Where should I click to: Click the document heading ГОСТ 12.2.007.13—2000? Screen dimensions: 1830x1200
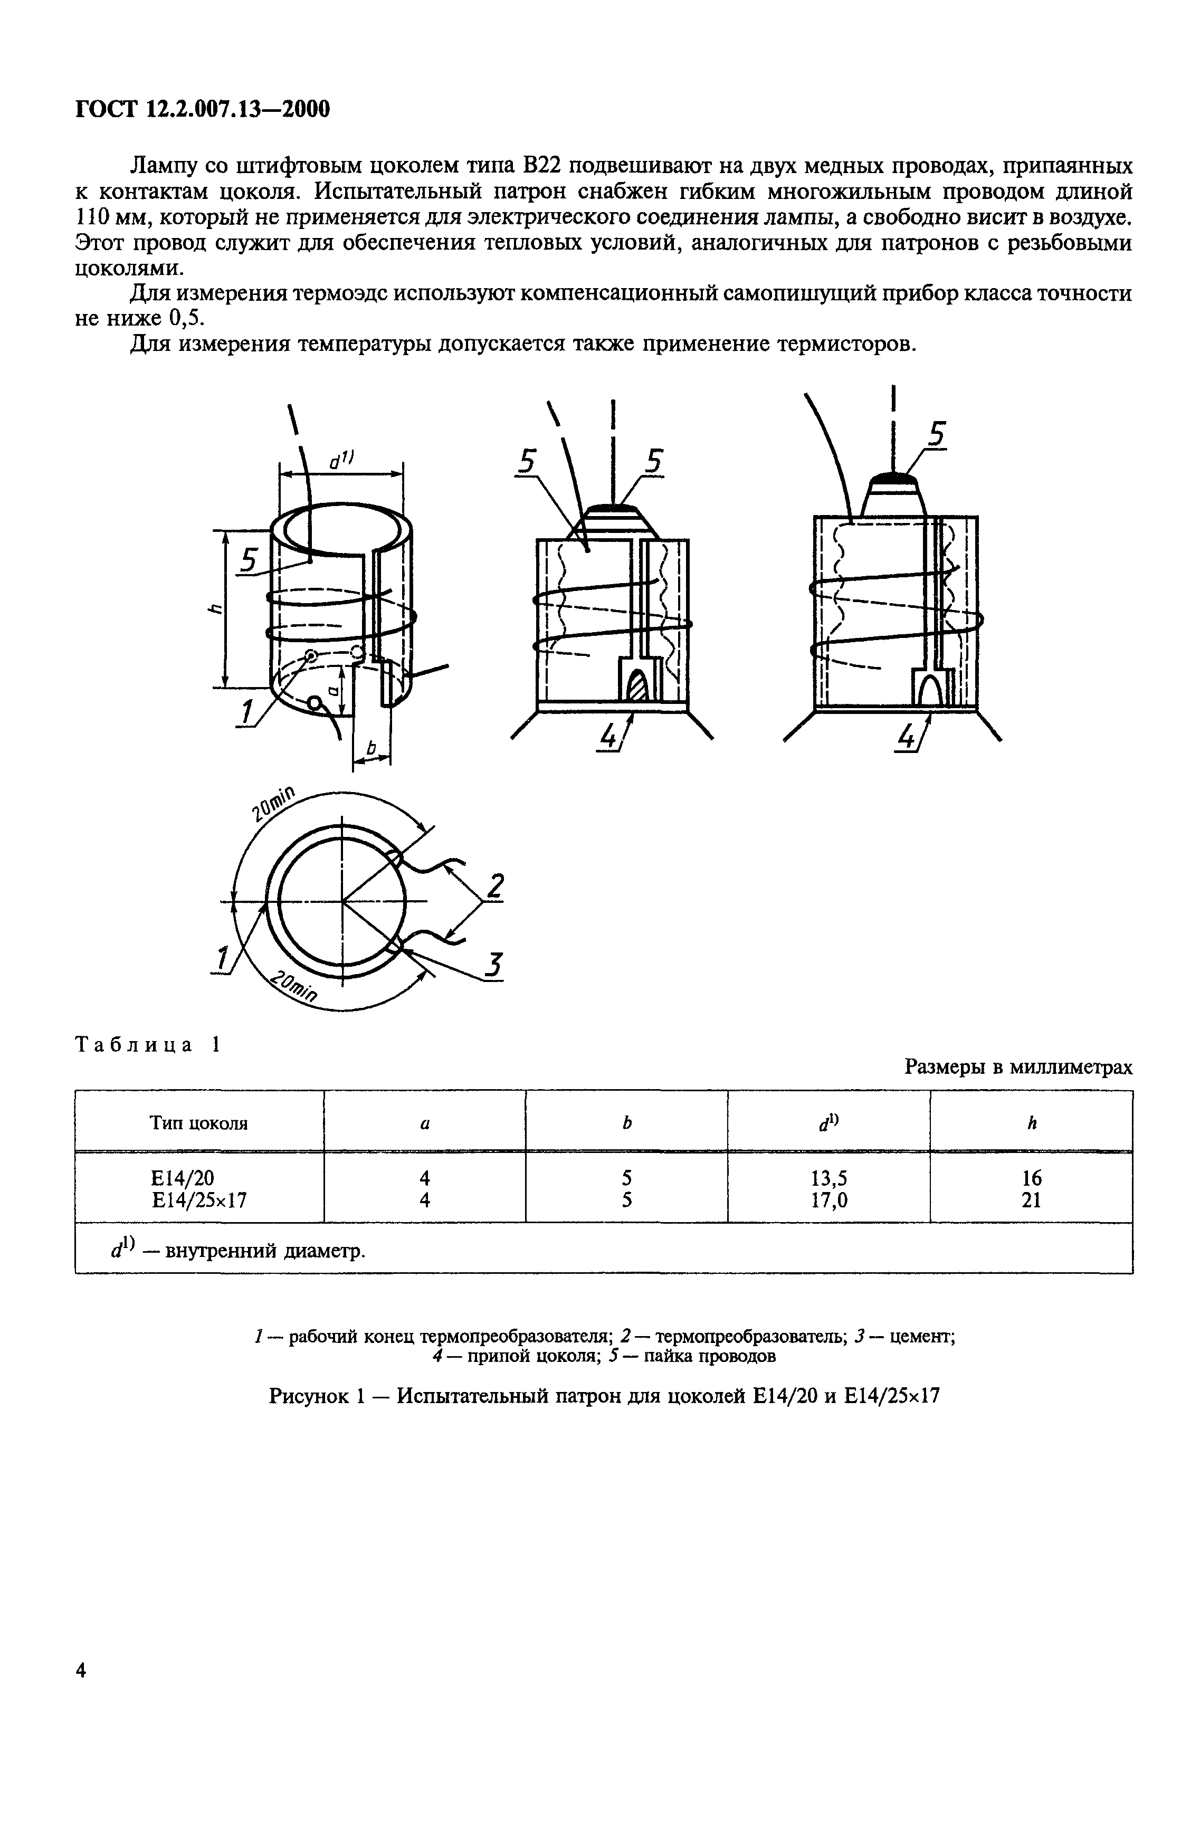coord(202,110)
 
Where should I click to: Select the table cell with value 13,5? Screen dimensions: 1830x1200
coord(828,1177)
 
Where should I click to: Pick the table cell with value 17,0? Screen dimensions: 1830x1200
coord(828,1199)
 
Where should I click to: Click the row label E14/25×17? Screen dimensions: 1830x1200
coord(199,1199)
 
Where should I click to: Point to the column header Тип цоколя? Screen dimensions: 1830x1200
coord(198,1123)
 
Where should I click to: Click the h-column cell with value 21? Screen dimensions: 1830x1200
coord(1031,1199)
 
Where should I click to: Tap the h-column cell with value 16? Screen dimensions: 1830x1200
coord(1031,1177)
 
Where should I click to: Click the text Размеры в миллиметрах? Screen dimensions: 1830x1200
coord(1018,1067)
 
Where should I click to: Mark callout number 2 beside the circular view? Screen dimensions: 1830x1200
coord(496,886)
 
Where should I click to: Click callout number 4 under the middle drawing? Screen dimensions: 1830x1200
coord(609,737)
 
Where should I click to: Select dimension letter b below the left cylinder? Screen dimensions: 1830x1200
coord(372,747)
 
